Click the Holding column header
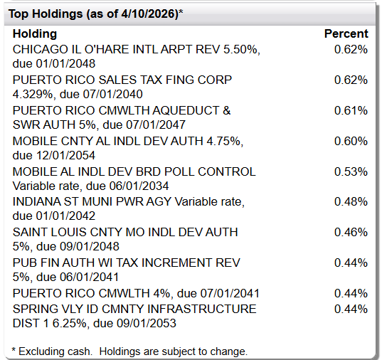tap(34, 34)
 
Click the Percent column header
tap(346, 34)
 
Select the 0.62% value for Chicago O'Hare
tap(351, 50)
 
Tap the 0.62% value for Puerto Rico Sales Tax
tap(351, 80)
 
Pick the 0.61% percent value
tap(351, 111)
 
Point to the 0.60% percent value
tap(351, 141)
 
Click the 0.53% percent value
tap(351, 171)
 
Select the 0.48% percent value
tap(351, 202)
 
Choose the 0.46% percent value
tap(351, 233)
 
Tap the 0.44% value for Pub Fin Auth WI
tap(351, 263)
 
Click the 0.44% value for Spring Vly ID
tap(351, 309)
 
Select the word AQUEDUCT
tap(187, 111)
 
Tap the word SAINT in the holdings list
tap(29, 233)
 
